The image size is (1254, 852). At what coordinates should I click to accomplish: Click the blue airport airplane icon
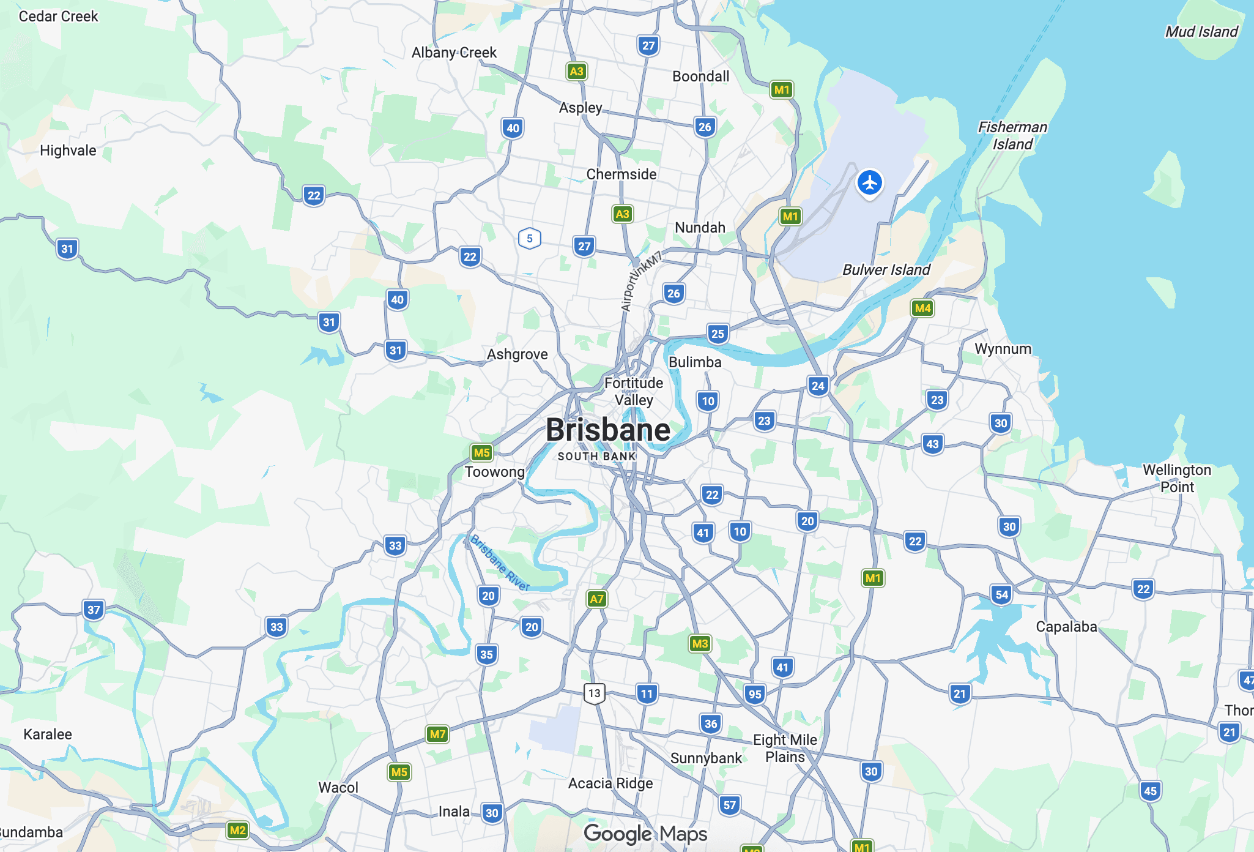tap(869, 182)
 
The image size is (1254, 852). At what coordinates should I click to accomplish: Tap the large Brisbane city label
tap(608, 430)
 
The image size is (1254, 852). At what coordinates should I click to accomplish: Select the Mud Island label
tap(1201, 32)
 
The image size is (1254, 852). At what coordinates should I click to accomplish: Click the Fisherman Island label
tap(1012, 136)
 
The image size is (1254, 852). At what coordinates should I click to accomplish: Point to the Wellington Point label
tap(1177, 479)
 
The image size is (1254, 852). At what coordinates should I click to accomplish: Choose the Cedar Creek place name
tap(58, 17)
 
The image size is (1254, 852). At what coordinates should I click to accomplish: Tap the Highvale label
tap(68, 151)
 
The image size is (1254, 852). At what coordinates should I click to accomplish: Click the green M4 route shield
tap(922, 308)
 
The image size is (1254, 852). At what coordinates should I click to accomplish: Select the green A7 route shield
tap(596, 599)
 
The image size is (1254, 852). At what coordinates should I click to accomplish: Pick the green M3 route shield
tap(700, 643)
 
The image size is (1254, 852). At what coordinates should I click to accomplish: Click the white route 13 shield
tap(594, 693)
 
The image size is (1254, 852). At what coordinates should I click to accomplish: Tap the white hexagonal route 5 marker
tap(530, 238)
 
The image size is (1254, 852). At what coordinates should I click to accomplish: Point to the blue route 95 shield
tap(755, 694)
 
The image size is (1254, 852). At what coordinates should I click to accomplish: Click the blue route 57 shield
tap(729, 805)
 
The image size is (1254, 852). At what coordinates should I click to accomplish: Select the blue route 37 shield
tap(94, 610)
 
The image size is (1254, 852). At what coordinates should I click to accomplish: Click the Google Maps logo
tap(645, 834)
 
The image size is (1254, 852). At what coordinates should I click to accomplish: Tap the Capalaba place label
tap(1066, 627)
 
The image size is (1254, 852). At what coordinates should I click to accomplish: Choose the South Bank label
tap(596, 457)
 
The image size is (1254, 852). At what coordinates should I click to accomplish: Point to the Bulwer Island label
tap(886, 270)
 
